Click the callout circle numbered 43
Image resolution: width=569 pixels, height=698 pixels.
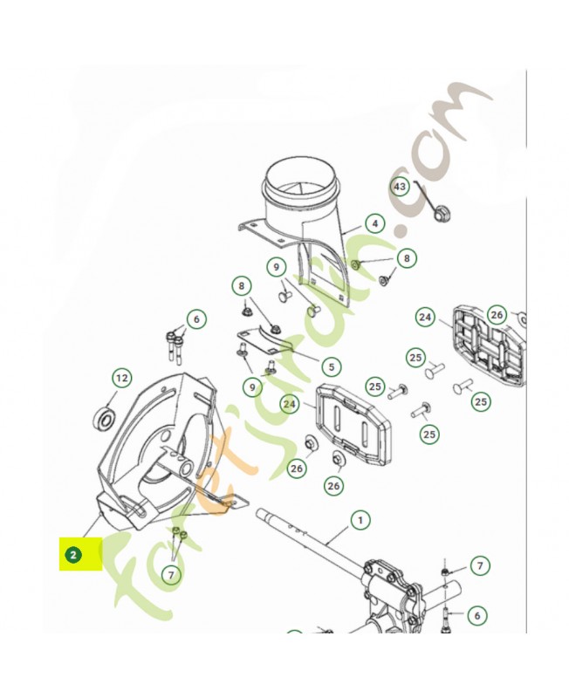click(x=400, y=187)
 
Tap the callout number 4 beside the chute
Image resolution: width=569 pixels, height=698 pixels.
click(x=374, y=223)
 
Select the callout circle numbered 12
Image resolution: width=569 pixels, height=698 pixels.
click(x=121, y=378)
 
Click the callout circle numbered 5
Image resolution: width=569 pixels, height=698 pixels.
click(x=329, y=366)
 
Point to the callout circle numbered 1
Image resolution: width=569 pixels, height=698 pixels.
click(x=360, y=521)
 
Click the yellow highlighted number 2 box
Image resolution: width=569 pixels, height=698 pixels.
click(x=79, y=553)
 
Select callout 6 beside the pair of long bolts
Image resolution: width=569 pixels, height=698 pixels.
click(x=196, y=319)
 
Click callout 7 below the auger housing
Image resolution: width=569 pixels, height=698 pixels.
click(x=171, y=573)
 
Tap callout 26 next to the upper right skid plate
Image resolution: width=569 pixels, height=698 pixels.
click(x=497, y=314)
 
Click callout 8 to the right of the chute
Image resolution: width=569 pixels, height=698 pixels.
click(x=406, y=258)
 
